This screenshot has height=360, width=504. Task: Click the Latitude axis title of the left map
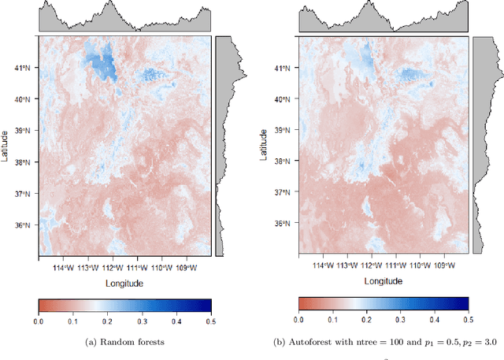6,147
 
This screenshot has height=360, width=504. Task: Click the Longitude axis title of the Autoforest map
384,280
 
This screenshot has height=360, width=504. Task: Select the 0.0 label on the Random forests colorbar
39,321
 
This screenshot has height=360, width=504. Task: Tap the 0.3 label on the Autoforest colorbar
401,320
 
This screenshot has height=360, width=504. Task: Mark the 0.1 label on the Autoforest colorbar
332,320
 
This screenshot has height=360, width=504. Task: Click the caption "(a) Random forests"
125,341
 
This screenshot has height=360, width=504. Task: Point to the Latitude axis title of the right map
266,146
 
